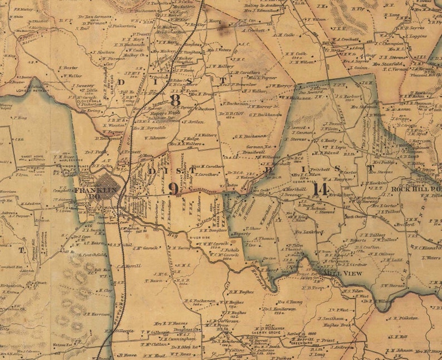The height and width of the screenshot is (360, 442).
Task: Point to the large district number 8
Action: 175,100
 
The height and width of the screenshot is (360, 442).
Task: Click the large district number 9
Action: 174,188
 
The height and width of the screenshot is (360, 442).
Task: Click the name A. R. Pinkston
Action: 405,318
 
